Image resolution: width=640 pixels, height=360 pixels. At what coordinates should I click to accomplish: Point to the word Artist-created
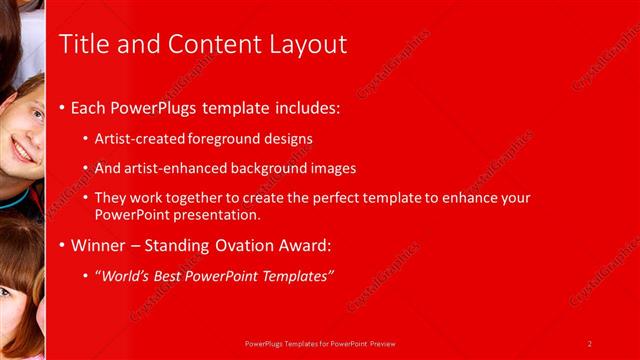tap(136, 140)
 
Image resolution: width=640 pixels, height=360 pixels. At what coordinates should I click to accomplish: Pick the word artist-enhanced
tap(174, 169)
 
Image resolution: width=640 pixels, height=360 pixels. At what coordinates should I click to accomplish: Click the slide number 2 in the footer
tap(590, 344)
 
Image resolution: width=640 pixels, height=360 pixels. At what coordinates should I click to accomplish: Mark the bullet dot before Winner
tap(62, 246)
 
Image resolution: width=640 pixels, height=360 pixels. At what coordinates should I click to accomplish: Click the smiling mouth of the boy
tap(23, 151)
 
